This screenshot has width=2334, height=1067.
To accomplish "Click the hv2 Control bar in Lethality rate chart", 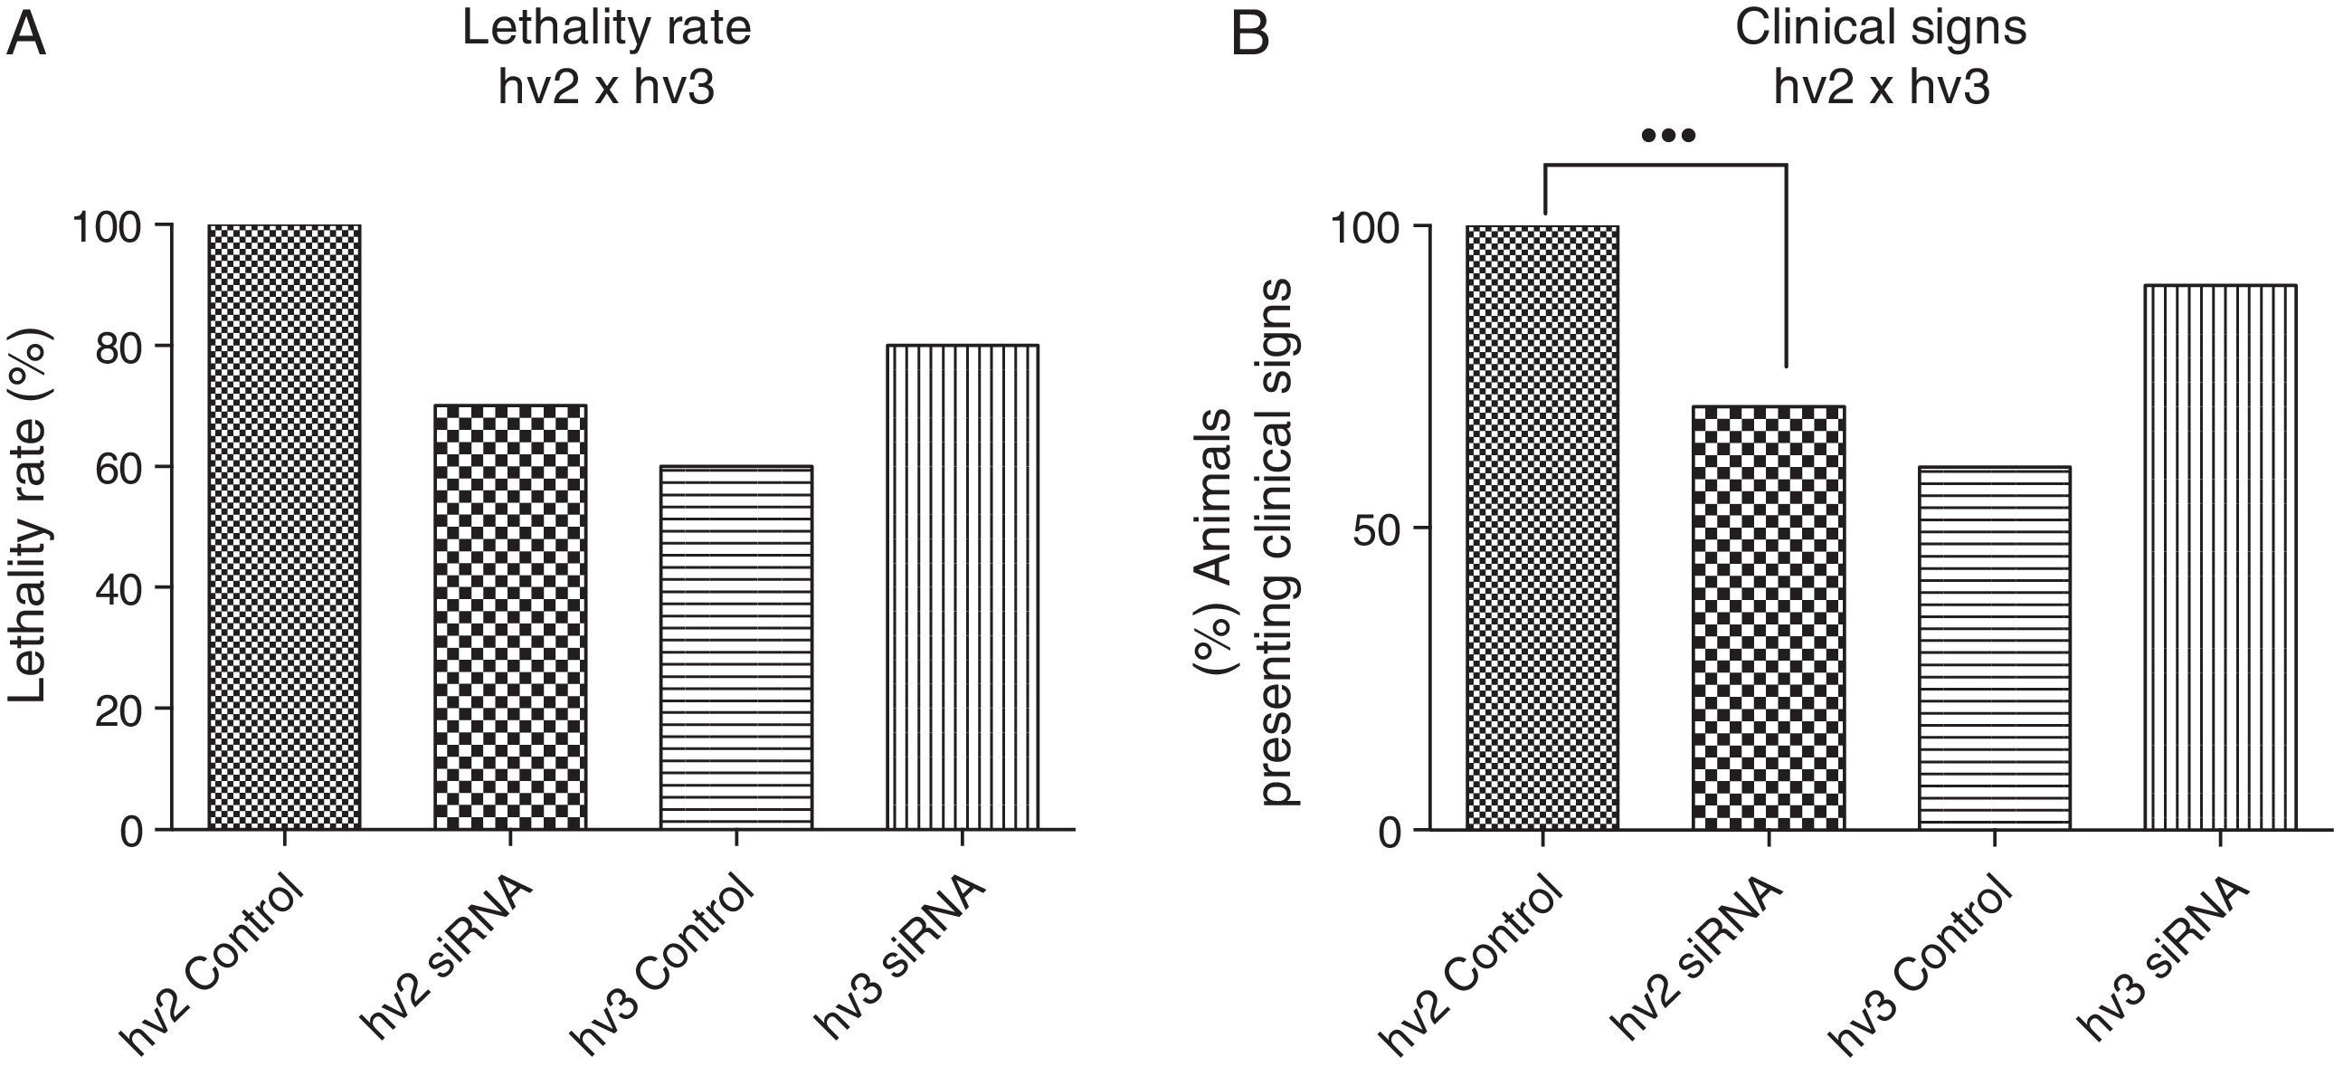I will [284, 527].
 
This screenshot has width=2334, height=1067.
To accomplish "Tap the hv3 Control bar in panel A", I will [735, 647].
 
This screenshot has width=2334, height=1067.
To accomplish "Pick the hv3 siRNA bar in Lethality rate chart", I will [963, 586].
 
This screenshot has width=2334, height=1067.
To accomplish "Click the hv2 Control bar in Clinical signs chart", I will [1542, 527].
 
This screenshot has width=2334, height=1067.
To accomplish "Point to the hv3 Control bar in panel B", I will [1994, 647].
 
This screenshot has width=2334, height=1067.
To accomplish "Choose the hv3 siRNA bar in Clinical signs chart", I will [2220, 557].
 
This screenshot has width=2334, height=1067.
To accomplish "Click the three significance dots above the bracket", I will [1667, 136].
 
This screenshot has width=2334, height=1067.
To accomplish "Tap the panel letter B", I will [1250, 36].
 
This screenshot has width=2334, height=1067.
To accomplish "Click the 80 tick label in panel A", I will [119, 347].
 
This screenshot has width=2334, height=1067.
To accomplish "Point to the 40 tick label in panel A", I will [119, 588].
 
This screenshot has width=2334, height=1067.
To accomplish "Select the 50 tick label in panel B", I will [1377, 529].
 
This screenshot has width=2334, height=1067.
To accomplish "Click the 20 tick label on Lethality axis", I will [119, 709].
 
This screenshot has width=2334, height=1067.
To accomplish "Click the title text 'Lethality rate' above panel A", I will [606, 29].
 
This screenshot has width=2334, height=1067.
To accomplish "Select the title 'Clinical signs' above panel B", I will [1880, 29].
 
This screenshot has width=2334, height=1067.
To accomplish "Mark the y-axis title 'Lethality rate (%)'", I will [29, 515].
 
